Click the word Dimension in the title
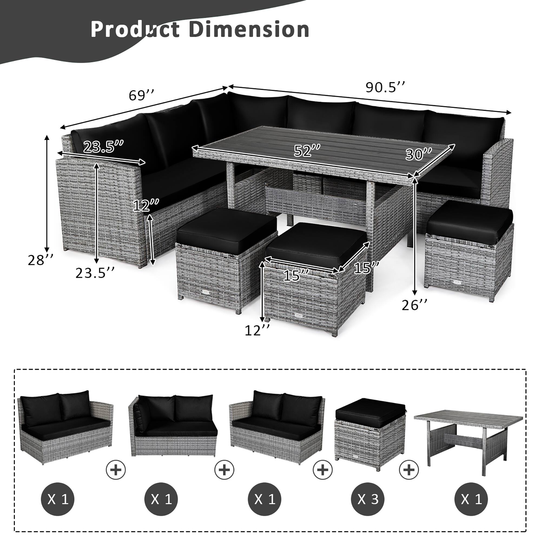click(249, 30)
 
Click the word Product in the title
click(135, 30)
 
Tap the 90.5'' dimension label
click(385, 88)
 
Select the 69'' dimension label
click(141, 95)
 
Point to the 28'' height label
click(40, 260)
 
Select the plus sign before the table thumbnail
click(409, 469)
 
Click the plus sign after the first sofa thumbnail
click(116, 469)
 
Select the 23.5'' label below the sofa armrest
click(95, 273)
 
